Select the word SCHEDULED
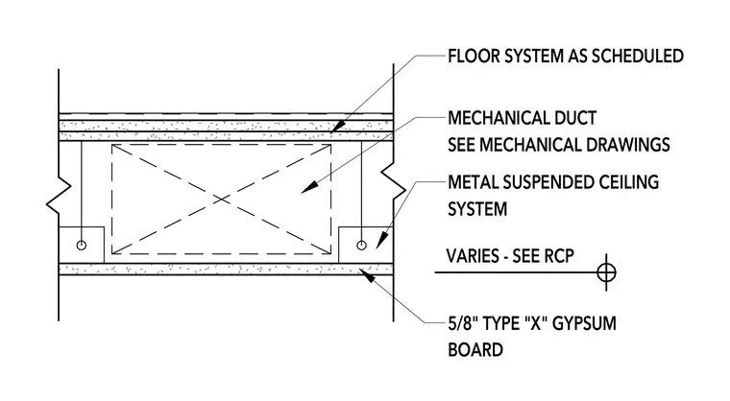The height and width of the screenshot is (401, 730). click(638, 57)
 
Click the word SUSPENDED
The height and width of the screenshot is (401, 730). click(541, 182)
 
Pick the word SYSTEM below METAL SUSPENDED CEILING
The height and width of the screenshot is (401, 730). click(477, 209)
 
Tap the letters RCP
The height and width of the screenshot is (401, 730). click(559, 256)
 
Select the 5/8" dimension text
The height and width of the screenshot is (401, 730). click(462, 323)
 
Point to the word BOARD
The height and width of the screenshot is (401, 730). click(475, 350)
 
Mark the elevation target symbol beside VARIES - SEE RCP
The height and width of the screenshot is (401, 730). click(606, 272)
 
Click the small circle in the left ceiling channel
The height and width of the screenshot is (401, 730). click(82, 246)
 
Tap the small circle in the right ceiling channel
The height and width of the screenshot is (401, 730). click(361, 246)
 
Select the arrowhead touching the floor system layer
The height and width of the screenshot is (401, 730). click(337, 127)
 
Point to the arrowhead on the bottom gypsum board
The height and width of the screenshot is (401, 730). click(367, 276)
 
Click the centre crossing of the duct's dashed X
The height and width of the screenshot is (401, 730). click(222, 200)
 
